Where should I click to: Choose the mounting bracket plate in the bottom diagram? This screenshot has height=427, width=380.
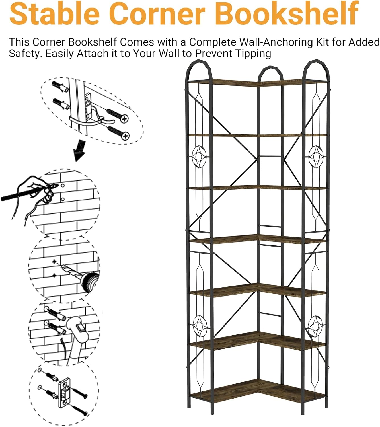[65, 391]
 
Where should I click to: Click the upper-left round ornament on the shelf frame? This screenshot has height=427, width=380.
[199, 157]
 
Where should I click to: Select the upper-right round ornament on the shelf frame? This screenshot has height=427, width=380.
[316, 157]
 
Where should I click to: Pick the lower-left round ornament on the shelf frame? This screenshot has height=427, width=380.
[200, 327]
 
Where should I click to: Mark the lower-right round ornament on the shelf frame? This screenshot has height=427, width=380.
[315, 327]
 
